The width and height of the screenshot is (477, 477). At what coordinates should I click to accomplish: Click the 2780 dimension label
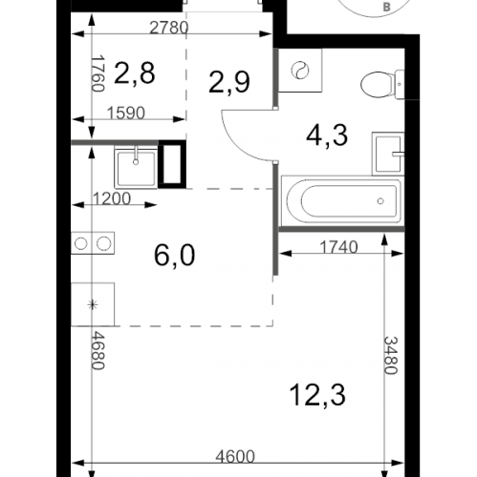169,28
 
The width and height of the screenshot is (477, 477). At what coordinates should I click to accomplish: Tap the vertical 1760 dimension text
98,73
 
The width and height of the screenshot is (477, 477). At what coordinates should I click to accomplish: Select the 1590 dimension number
126,113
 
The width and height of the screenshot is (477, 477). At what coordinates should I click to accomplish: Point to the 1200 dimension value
112,198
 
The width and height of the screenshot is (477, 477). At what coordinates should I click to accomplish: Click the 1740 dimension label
338,247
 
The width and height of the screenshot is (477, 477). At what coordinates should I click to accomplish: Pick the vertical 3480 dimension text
391,356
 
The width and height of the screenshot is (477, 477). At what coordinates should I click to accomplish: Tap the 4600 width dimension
235,457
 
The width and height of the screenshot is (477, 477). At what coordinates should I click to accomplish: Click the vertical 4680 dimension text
98,351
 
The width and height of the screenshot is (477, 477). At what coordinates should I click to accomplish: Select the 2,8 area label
134,73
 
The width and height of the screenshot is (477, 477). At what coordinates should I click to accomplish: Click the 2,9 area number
229,82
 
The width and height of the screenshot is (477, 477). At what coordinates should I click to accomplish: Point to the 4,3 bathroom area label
327,135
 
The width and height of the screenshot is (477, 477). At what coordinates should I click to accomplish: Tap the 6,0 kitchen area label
174,256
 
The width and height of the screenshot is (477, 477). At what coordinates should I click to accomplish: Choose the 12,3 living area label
318,395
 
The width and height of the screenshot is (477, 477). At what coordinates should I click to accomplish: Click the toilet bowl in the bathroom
377,85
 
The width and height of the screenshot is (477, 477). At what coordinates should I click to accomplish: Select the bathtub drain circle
380,201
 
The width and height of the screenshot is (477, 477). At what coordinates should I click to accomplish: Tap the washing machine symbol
300,71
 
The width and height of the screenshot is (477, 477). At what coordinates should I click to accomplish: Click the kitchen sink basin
136,168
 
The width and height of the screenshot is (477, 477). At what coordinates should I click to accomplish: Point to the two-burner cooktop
93,243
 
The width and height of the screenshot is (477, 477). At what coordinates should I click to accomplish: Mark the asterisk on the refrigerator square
93,304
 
